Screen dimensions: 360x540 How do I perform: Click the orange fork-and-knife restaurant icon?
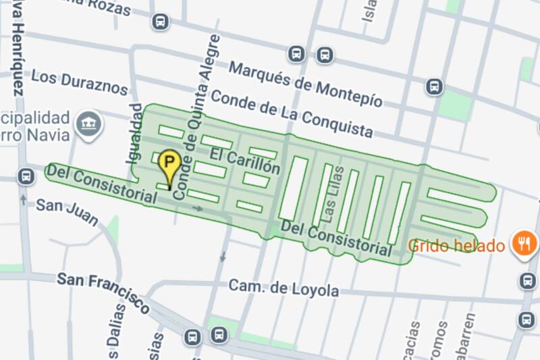[x=524, y=242]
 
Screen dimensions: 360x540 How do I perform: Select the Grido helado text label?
[x=457, y=245]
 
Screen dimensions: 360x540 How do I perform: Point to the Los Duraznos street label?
[x=79, y=82]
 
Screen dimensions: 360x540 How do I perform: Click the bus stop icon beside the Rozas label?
[x=160, y=22]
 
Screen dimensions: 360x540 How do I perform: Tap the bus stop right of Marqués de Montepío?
[x=434, y=86]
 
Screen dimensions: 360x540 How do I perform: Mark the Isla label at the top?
[x=369, y=11]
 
